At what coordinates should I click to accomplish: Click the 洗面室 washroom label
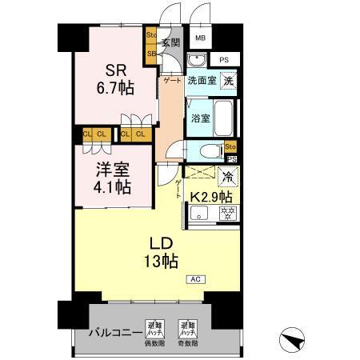201,81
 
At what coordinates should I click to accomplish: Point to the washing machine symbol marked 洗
229,80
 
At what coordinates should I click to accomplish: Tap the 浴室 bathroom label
200,118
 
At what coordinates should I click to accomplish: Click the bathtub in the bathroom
225,118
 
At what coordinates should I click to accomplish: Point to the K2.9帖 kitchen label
212,196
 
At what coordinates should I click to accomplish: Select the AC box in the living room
194,279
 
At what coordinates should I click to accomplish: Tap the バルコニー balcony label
110,332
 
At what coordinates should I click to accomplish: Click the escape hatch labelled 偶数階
154,329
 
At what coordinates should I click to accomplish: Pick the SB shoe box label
150,54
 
